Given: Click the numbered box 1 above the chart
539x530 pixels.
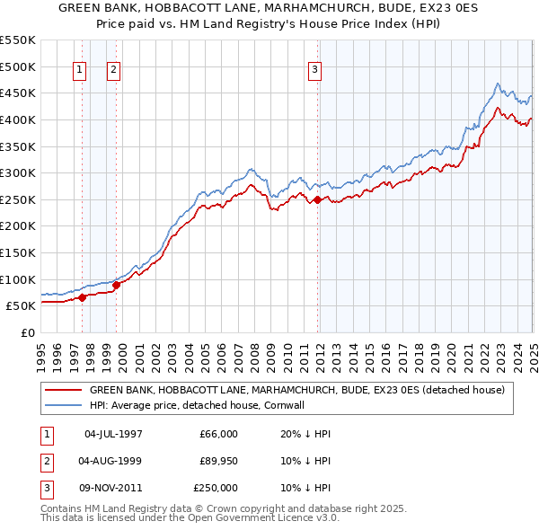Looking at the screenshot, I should (80, 72).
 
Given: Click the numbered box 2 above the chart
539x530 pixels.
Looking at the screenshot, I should (114, 72).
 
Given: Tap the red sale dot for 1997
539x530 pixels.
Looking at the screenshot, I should (82, 297).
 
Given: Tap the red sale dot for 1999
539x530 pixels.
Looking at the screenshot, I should (116, 285).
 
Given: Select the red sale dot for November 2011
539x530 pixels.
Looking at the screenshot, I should (318, 199).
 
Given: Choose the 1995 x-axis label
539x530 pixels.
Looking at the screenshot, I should (41, 356).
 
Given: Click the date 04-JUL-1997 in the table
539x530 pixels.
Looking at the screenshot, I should (113, 433).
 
